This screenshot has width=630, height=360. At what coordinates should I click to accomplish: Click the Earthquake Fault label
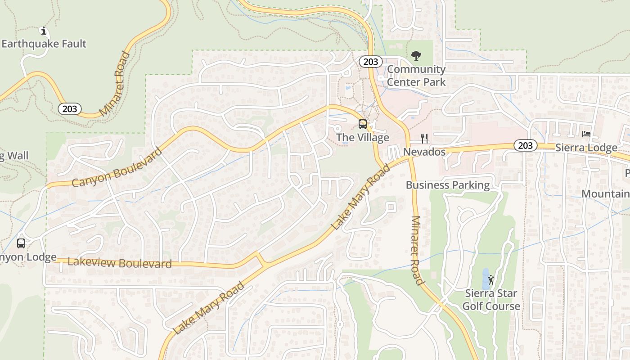click(x=44, y=44)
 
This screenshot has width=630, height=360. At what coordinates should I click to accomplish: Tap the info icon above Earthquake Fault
click(x=44, y=31)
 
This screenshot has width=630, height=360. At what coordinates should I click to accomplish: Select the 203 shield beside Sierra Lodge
click(x=525, y=145)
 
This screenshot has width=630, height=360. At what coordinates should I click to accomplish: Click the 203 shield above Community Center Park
click(x=370, y=62)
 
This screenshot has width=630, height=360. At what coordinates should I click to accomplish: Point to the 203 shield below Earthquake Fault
click(x=70, y=108)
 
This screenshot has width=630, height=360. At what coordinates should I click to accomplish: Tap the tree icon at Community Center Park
click(x=416, y=56)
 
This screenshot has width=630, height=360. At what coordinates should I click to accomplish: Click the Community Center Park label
click(x=416, y=76)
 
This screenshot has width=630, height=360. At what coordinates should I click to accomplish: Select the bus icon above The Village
click(x=363, y=124)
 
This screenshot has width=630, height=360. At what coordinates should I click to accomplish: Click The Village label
click(x=363, y=137)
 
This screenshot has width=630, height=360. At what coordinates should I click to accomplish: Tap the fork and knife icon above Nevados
click(x=424, y=138)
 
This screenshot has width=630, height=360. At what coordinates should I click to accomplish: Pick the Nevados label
click(x=424, y=152)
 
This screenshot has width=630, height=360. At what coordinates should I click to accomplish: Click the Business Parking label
click(x=448, y=185)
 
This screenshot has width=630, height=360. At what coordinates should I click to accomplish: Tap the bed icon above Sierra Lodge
click(x=586, y=134)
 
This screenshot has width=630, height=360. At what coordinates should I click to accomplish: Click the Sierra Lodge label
click(x=586, y=148)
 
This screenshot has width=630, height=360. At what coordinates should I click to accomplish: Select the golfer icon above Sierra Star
click(x=491, y=280)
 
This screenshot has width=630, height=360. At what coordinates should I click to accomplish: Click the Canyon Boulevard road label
click(x=117, y=167)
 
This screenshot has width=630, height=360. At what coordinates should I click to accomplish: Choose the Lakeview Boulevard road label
click(x=120, y=263)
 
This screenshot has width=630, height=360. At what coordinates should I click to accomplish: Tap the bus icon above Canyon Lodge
click(x=21, y=243)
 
